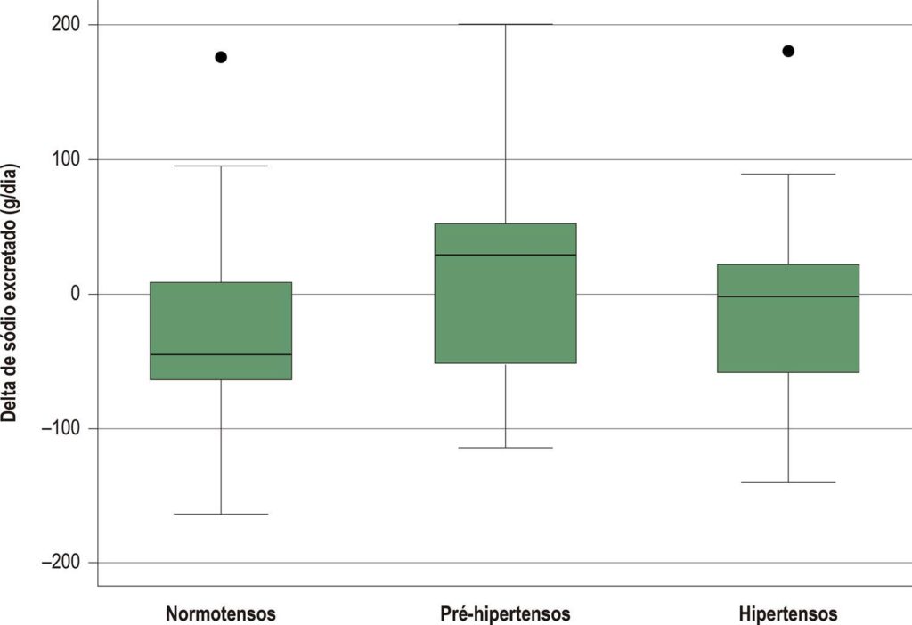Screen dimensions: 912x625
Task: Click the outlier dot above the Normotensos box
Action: pyautogui.click(x=221, y=57)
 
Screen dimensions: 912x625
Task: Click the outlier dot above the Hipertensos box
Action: pyautogui.click(x=788, y=51)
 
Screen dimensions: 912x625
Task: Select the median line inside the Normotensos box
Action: pyautogui.click(x=221, y=354)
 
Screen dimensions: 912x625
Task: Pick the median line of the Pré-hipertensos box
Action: pyautogui.click(x=506, y=255)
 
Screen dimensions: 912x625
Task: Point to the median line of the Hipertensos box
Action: pyautogui.click(x=788, y=296)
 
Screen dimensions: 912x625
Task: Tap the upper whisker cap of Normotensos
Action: pyautogui.click(x=221, y=166)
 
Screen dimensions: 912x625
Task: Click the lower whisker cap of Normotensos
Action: pyautogui.click(x=221, y=514)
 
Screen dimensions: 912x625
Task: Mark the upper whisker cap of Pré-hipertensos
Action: pyautogui.click(x=506, y=24)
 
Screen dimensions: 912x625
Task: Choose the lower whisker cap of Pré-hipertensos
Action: pyautogui.click(x=506, y=448)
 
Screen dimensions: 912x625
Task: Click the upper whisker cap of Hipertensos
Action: pyautogui.click(x=788, y=174)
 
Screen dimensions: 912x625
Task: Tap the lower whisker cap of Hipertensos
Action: pyautogui.click(x=788, y=482)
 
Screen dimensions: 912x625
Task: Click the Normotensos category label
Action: pyautogui.click(x=221, y=614)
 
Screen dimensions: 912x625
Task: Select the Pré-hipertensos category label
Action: pyautogui.click(x=506, y=614)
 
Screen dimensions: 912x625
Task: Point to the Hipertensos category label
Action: pyautogui.click(x=788, y=614)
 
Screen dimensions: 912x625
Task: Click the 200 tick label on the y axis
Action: pyautogui.click(x=66, y=24)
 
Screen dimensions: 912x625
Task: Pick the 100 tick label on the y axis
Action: pyautogui.click(x=66, y=159)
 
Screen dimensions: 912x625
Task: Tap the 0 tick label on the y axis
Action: pyautogui.click(x=75, y=294)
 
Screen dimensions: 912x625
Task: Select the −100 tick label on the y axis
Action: pyautogui.click(x=61, y=428)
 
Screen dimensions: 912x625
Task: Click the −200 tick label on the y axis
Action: pyautogui.click(x=61, y=563)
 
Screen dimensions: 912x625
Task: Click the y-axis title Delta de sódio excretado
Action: pyautogui.click(x=10, y=293)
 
